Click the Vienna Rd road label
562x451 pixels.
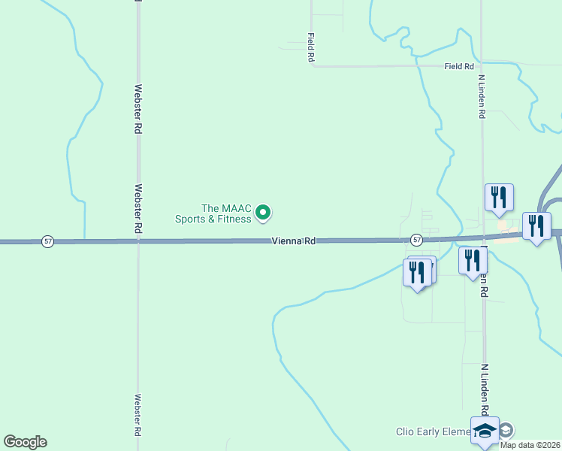(294, 241)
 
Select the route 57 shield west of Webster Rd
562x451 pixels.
(48, 241)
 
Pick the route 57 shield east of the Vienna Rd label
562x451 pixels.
(417, 240)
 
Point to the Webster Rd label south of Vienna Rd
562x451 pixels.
(138, 416)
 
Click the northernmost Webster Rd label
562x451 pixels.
(138, 109)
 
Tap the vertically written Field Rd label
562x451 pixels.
(310, 47)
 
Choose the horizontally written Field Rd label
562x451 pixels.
(458, 66)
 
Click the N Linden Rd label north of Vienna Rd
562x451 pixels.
(482, 95)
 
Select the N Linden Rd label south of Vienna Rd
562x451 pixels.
(485, 387)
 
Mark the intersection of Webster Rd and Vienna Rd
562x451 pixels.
(138, 241)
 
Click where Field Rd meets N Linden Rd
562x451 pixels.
(482, 66)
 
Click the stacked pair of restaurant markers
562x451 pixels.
(418, 272)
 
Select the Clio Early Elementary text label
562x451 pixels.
(432, 431)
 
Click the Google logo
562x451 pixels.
(25, 442)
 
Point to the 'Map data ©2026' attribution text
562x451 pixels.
(530, 445)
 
